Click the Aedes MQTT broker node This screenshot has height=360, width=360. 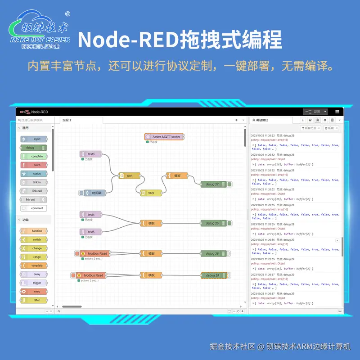tap(165, 137)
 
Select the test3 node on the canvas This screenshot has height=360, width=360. tap(91, 154)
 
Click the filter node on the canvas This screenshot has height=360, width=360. tap(151, 193)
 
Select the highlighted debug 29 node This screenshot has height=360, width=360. tap(212, 275)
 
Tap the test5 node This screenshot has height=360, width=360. tap(91, 232)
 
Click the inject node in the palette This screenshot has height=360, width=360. tap(36, 139)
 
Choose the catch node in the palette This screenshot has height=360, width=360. tap(36, 165)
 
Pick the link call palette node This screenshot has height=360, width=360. tap(36, 191)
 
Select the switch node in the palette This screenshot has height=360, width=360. tap(36, 239)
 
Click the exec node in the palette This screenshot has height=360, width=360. tap(36, 292)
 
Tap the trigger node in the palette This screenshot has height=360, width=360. tap(36, 283)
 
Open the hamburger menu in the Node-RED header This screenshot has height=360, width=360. tap(337, 112)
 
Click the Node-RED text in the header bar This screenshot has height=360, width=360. tap(40, 112)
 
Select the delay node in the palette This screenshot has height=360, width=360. tap(36, 274)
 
